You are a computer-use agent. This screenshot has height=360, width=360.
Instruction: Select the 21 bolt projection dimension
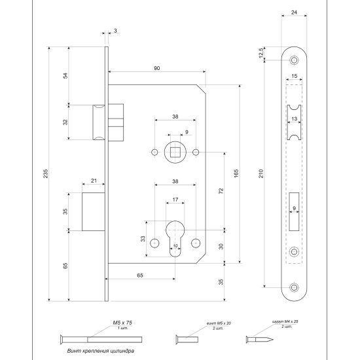coord(94,181)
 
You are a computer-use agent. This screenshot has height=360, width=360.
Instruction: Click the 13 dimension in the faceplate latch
coord(294,119)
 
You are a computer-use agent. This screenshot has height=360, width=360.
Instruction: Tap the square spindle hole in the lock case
coord(175,153)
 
